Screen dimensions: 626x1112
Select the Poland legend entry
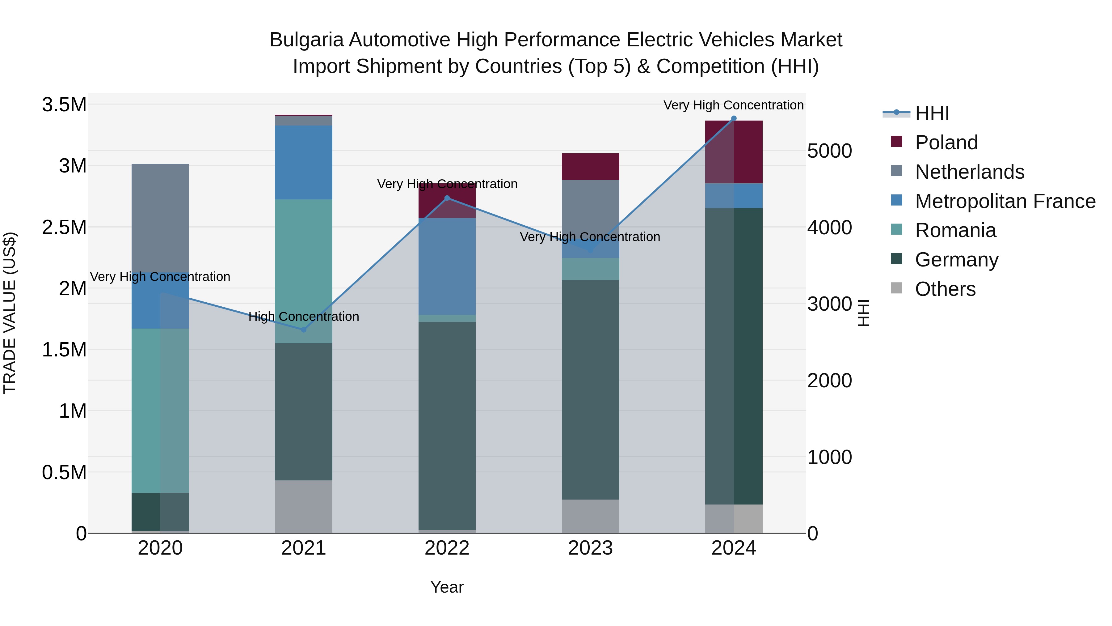click(x=946, y=143)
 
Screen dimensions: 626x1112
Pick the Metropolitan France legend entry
click(x=1005, y=201)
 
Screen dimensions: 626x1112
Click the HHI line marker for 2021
click(x=303, y=330)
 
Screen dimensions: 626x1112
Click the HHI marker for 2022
click(x=447, y=198)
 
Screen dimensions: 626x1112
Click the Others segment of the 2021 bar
click(x=303, y=506)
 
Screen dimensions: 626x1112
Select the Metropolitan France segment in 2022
click(x=447, y=266)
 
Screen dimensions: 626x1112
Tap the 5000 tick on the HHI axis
click(x=829, y=151)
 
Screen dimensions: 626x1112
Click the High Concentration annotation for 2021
click(x=303, y=317)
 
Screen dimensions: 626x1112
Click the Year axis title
click(x=447, y=587)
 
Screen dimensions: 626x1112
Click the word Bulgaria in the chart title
click(x=306, y=40)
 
